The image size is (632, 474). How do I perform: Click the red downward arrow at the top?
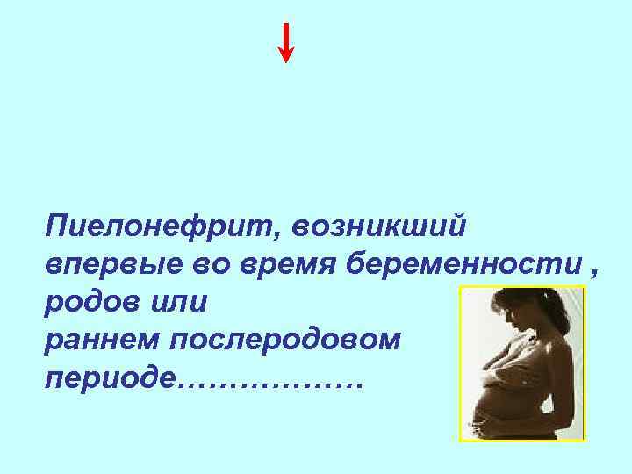tap(285, 42)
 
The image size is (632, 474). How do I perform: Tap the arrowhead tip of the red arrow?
tap(285, 61)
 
